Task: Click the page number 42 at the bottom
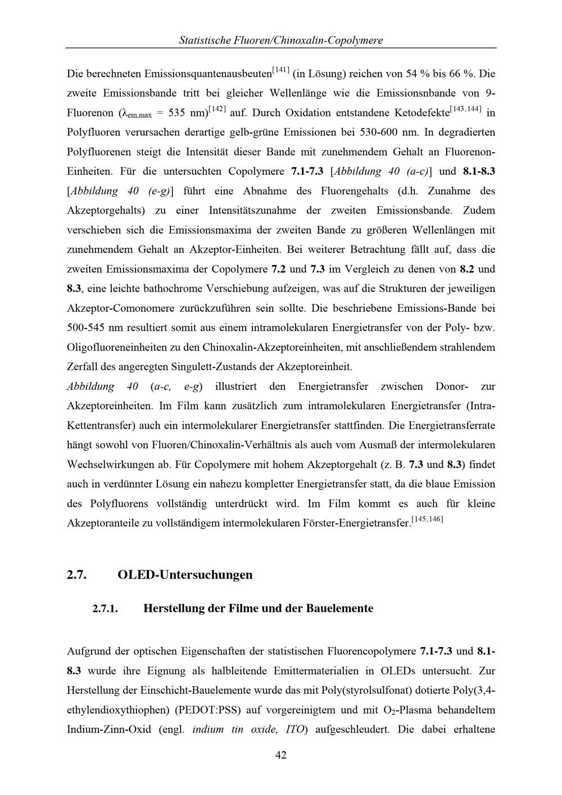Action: click(281, 756)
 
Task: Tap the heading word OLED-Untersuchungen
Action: click(185, 575)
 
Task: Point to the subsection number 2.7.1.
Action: click(105, 609)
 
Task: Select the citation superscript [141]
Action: click(280, 70)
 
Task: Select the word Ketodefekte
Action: click(422, 113)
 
